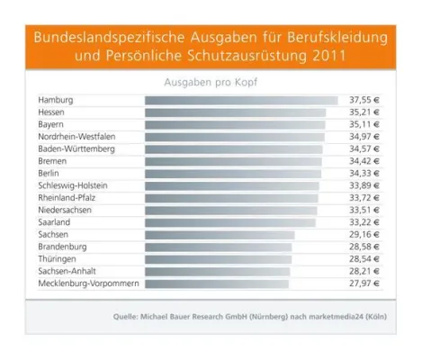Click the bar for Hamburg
(x=241, y=100)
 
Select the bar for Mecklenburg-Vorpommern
(x=217, y=283)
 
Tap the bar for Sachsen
(x=220, y=234)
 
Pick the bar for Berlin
(x=233, y=173)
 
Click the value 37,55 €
(x=364, y=100)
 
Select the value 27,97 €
(x=364, y=283)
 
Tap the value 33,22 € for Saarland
(x=364, y=222)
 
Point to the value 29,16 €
(x=364, y=234)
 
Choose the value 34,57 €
(x=364, y=148)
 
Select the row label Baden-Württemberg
(x=76, y=148)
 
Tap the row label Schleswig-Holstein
(x=73, y=185)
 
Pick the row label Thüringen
(x=57, y=259)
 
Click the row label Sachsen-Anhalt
(x=67, y=271)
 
